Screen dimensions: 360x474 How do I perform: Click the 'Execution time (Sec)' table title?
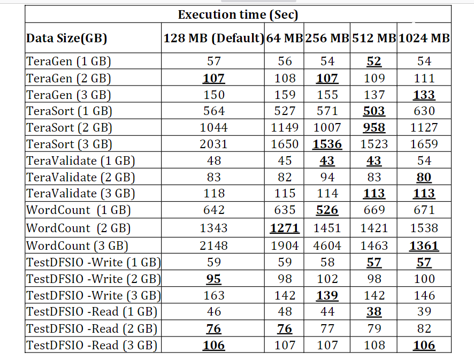pos(238,14)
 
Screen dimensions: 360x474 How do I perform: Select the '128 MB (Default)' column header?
pos(214,39)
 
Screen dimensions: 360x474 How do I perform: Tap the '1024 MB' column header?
pos(424,39)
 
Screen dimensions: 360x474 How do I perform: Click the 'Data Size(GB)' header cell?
pos(67,39)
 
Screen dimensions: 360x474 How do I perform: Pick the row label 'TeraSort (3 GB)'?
pos(69,144)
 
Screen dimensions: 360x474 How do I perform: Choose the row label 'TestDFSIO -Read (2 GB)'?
pos(91,328)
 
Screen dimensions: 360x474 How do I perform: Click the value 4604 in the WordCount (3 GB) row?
pos(327,246)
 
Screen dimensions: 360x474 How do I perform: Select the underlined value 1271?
pos(285,228)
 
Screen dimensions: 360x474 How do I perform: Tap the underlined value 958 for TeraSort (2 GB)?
pos(374,128)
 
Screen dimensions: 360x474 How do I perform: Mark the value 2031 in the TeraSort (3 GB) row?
pos(213,144)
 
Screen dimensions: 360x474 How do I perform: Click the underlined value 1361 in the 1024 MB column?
pos(424,246)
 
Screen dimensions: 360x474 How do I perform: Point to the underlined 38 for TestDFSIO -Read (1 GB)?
pos(374,312)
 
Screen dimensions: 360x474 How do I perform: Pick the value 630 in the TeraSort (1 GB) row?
pos(424,111)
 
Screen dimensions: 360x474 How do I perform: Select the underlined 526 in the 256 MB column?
pos(327,210)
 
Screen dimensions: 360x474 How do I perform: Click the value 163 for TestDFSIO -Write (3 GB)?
pos(213,295)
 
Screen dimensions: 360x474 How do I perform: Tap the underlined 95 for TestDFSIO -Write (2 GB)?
pos(213,279)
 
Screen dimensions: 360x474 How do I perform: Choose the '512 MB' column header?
pos(374,39)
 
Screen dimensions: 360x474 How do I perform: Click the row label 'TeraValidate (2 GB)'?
pos(80,178)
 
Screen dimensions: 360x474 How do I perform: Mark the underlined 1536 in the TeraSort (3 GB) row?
pos(327,144)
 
